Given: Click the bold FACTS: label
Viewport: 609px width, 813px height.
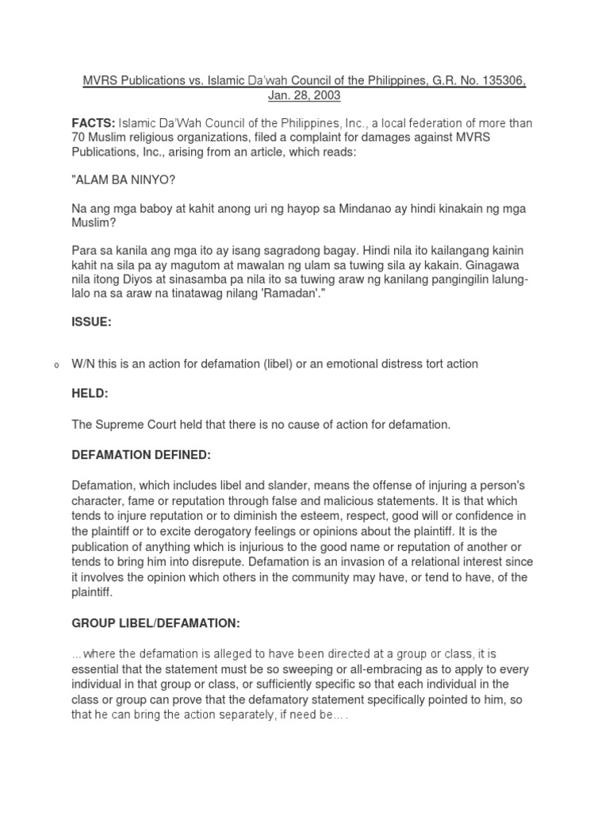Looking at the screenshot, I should pos(93,123).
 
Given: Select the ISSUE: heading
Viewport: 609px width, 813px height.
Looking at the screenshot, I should pos(91,323).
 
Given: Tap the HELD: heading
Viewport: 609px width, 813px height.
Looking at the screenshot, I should pos(90,394).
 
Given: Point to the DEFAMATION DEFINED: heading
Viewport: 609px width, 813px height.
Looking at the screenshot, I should pos(140,454).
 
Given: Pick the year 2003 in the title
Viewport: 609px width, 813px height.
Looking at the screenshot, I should pos(327,95).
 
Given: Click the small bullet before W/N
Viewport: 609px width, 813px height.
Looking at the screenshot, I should pos(56,365).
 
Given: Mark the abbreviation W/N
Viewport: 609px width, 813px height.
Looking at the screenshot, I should pos(82,364).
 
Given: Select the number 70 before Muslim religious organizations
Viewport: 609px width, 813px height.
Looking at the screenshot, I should pos(78,137).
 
